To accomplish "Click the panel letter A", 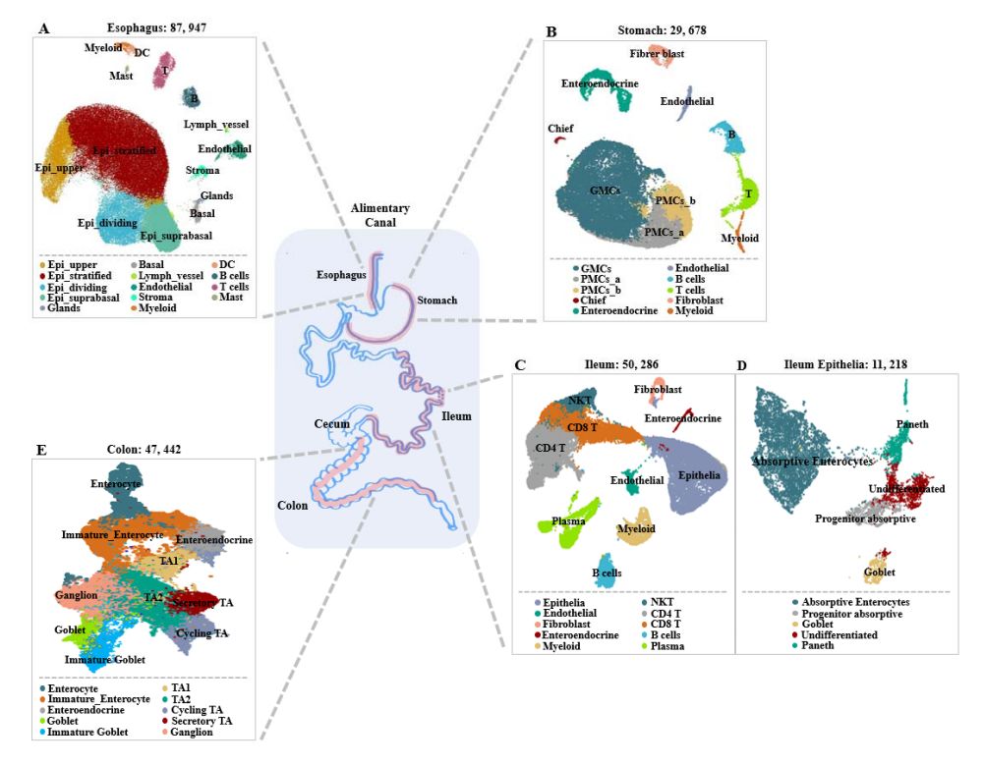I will click(41, 29).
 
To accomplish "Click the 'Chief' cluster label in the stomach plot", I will click(560, 129).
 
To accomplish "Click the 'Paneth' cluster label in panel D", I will click(912, 423).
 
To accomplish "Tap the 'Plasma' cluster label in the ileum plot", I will click(568, 521).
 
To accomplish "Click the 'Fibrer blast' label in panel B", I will click(658, 53).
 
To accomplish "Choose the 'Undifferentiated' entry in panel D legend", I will click(831, 635).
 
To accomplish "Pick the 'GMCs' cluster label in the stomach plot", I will click(604, 191).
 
